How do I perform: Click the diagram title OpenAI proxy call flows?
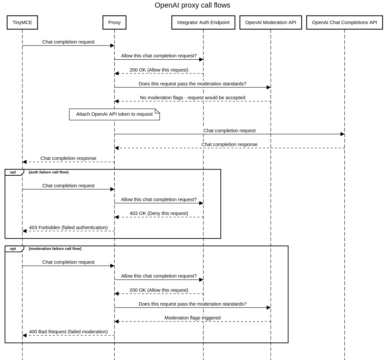192,5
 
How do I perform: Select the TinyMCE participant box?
22,22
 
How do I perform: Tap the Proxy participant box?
114,22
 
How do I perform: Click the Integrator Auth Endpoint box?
203,22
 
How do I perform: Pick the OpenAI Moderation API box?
271,22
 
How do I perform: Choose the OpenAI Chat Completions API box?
344,22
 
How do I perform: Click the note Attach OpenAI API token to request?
114,114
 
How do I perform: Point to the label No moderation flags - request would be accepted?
192,98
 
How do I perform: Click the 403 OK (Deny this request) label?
159,213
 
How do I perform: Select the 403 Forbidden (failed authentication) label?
68,227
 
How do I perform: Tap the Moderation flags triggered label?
192,318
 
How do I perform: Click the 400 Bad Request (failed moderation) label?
68,332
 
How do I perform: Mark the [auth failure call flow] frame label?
48,172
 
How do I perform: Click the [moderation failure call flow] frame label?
55,249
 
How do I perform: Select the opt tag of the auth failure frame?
13,172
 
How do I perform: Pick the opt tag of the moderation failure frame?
13,249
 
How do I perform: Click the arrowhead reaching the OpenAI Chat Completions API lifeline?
342,134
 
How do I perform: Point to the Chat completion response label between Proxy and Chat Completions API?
229,144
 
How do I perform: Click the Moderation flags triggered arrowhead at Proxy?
117,321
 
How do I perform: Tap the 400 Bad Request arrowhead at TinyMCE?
25,335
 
